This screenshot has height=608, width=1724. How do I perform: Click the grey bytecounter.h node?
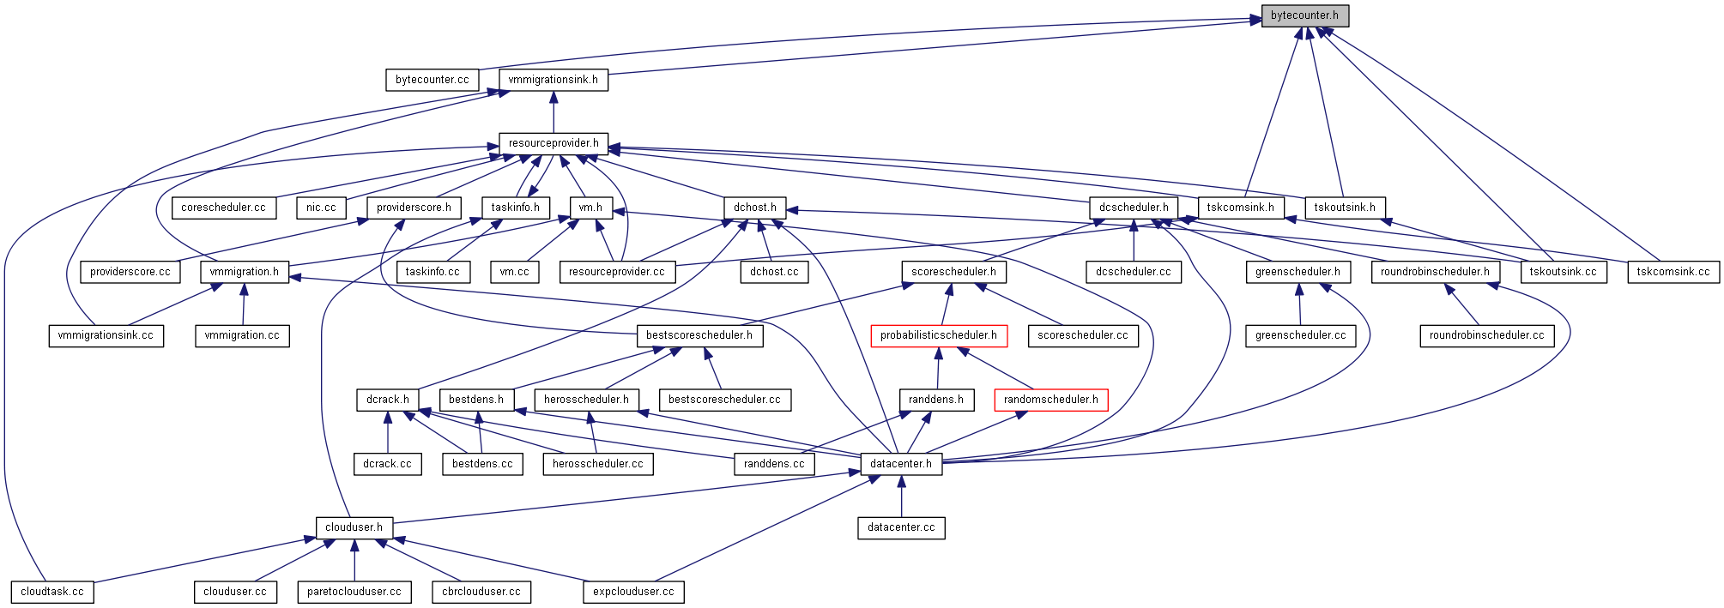pyautogui.click(x=1304, y=15)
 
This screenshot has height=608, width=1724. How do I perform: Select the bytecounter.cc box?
pyautogui.click(x=432, y=80)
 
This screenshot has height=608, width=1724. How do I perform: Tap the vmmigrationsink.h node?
pyautogui.click(x=553, y=80)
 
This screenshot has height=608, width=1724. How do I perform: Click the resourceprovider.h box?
pyautogui.click(x=553, y=143)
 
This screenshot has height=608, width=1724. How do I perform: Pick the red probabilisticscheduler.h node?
pyautogui.click(x=938, y=335)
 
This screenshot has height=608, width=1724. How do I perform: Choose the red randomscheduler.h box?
pyautogui.click(x=1050, y=400)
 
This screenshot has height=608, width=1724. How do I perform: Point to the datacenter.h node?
pyautogui.click(x=900, y=464)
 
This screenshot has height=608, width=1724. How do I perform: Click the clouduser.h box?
pyautogui.click(x=354, y=527)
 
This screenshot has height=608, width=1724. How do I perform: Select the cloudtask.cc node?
pyautogui.click(x=52, y=592)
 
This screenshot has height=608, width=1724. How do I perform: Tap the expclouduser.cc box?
pyautogui.click(x=633, y=592)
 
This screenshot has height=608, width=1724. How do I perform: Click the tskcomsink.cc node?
pyautogui.click(x=1673, y=272)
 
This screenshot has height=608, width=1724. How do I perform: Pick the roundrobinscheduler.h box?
pyautogui.click(x=1435, y=272)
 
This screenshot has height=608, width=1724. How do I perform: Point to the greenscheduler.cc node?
pyautogui.click(x=1300, y=335)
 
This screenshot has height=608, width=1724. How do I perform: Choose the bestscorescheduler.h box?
pyautogui.click(x=699, y=335)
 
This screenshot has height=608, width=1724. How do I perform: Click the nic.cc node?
pyautogui.click(x=321, y=208)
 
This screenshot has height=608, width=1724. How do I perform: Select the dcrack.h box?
pyautogui.click(x=387, y=400)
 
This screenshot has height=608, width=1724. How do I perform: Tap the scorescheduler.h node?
pyautogui.click(x=953, y=272)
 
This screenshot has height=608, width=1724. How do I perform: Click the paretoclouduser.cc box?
pyautogui.click(x=354, y=592)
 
